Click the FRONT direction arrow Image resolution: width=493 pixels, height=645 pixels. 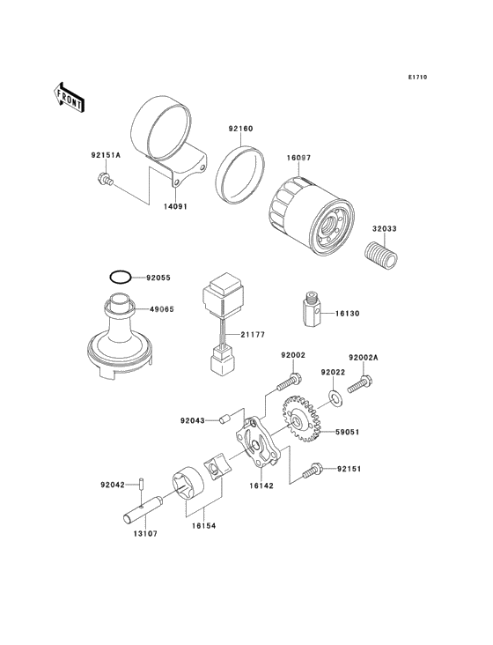[x=69, y=98]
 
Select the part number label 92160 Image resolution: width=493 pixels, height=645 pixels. [x=240, y=129]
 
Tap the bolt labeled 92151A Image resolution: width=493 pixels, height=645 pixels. [x=105, y=180]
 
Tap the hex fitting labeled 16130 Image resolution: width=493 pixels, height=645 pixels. [x=313, y=308]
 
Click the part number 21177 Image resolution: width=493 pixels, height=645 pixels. [x=253, y=335]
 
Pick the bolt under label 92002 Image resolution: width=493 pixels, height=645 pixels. [x=290, y=382]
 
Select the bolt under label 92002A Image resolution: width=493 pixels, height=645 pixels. [x=360, y=384]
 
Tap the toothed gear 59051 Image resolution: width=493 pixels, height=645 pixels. [x=302, y=419]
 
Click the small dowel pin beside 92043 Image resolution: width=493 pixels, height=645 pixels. [x=224, y=419]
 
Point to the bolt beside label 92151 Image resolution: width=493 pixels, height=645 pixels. [x=313, y=471]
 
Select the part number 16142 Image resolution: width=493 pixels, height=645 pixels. [x=261, y=486]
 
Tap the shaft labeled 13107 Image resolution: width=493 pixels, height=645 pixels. [x=143, y=510]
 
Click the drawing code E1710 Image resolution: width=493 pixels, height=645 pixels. [x=418, y=77]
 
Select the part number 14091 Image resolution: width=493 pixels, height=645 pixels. [x=175, y=206]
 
